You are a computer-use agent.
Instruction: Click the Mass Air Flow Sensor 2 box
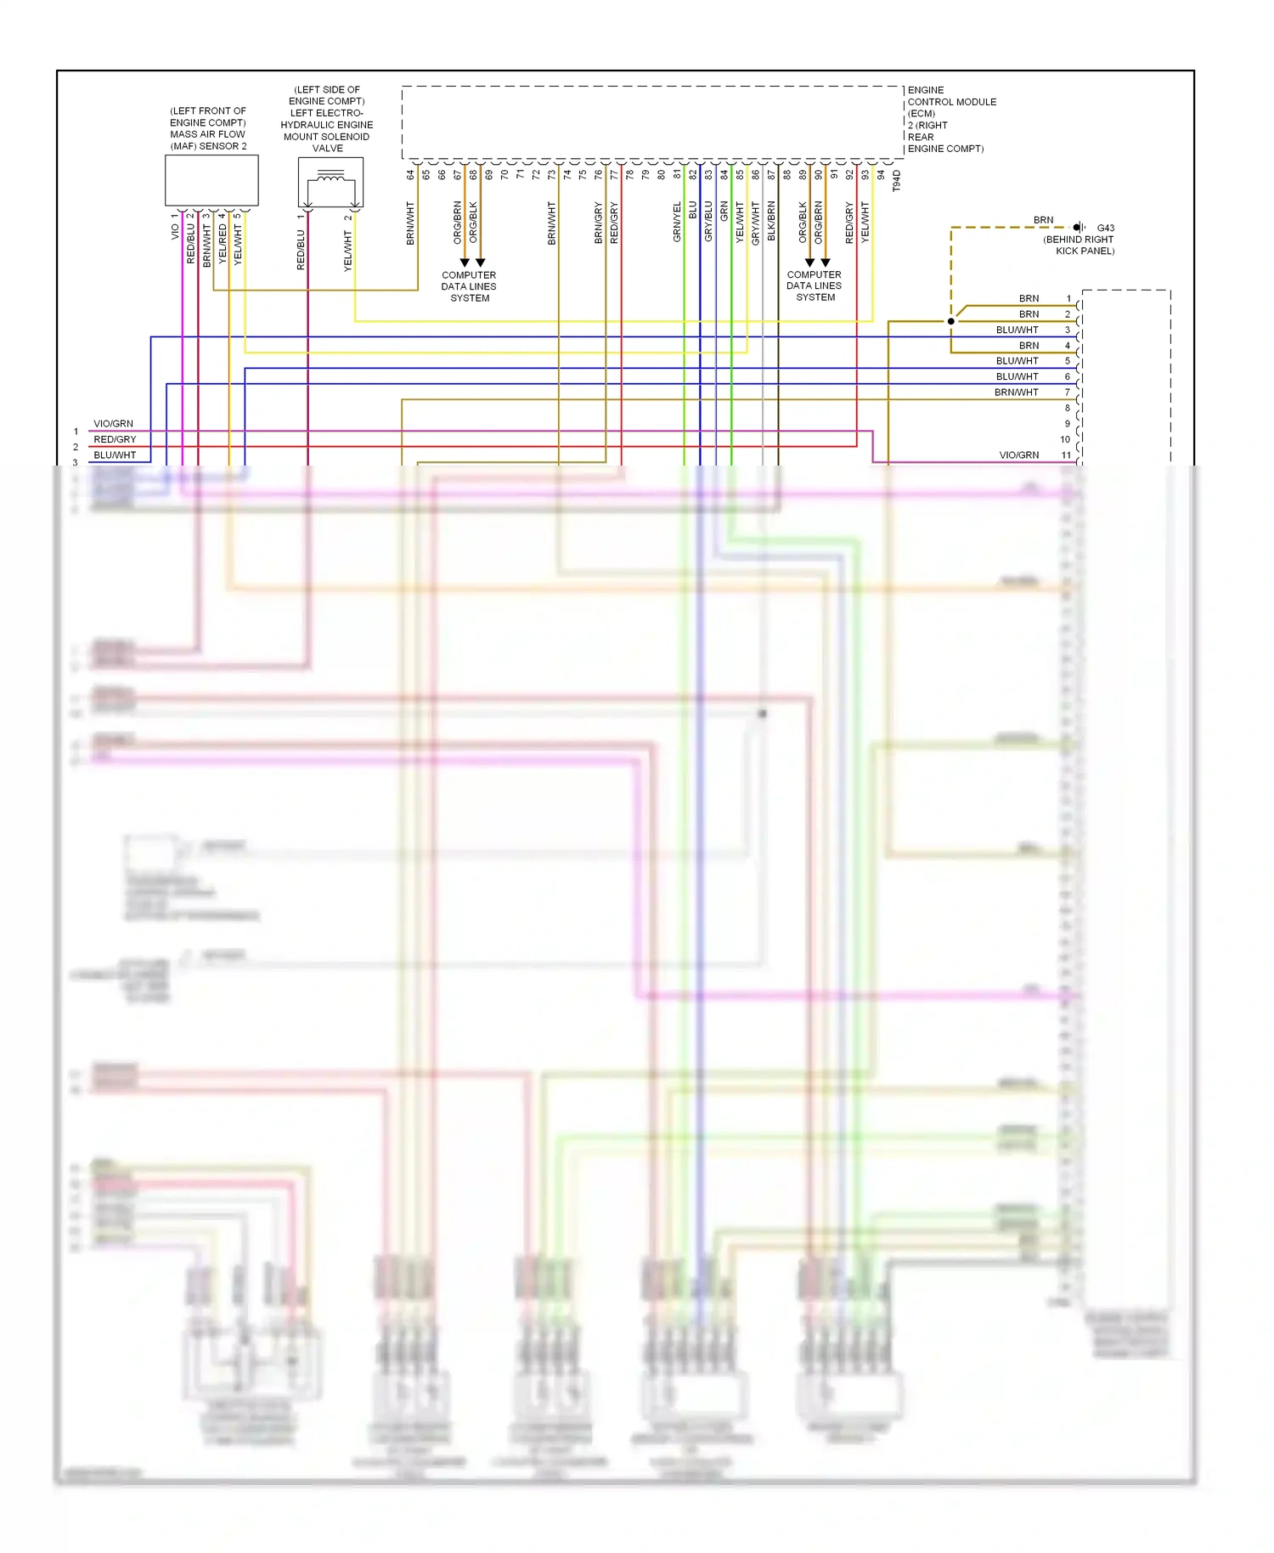pyautogui.click(x=211, y=180)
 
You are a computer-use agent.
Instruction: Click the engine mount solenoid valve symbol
pyautogui.click(x=330, y=181)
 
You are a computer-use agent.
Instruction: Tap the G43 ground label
pyautogui.click(x=1105, y=228)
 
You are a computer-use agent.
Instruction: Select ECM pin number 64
pyautogui.click(x=410, y=175)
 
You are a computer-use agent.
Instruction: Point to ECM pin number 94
pyautogui.click(x=881, y=175)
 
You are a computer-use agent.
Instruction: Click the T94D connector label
pyautogui.click(x=896, y=181)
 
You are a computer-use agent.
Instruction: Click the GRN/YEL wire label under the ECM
pyautogui.click(x=677, y=222)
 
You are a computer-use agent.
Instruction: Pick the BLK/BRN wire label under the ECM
pyautogui.click(x=771, y=221)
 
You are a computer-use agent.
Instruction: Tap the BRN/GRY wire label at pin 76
pyautogui.click(x=598, y=223)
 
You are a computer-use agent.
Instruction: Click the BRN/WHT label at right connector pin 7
pyautogui.click(x=1016, y=392)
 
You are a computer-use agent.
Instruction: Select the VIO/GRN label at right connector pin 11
pyautogui.click(x=1018, y=455)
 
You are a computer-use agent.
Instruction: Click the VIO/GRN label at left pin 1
pyautogui.click(x=113, y=424)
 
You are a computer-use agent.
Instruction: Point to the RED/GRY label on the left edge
pyautogui.click(x=115, y=439)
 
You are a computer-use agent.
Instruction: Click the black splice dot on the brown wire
pyautogui.click(x=951, y=321)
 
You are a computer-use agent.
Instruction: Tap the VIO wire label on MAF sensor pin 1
pyautogui.click(x=175, y=231)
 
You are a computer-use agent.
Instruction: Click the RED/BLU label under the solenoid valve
pyautogui.click(x=301, y=250)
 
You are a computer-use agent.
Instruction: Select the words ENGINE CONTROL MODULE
pyautogui.click(x=951, y=102)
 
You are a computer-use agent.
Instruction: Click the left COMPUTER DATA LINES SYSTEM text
pyautogui.click(x=469, y=286)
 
